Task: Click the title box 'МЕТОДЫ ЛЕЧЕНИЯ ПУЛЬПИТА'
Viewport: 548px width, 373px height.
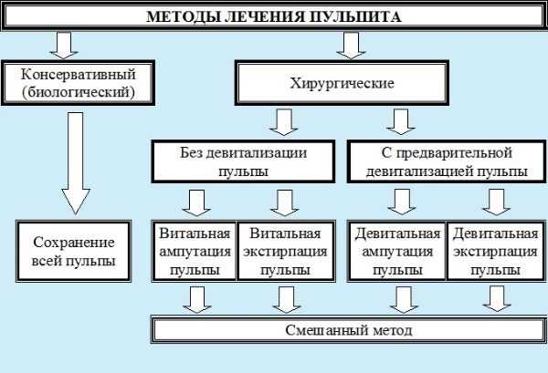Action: click(274, 16)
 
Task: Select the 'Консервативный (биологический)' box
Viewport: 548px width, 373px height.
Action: click(78, 83)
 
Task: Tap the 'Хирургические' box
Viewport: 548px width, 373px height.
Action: click(342, 83)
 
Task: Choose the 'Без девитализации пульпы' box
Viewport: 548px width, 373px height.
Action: click(243, 161)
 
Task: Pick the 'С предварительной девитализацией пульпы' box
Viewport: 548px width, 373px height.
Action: click(447, 161)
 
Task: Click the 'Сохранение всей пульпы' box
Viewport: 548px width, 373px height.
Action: click(73, 251)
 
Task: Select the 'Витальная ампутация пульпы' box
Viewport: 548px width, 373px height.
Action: click(195, 251)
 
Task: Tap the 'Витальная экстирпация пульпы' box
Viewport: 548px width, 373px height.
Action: click(286, 251)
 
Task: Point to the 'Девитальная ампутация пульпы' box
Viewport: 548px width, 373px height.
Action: click(397, 251)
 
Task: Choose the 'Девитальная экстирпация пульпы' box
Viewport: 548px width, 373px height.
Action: click(496, 251)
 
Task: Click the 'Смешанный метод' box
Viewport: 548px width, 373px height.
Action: click(349, 330)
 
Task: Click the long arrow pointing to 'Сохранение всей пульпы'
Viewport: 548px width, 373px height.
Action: click(76, 163)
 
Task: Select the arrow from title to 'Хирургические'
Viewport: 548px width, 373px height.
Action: click(352, 46)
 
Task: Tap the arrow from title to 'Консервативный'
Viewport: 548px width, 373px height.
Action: click(64, 46)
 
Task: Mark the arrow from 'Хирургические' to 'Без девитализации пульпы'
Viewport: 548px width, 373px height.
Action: click(284, 122)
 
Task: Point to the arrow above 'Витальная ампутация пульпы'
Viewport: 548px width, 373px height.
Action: click(196, 203)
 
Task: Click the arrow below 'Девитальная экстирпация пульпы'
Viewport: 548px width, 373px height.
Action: click(497, 299)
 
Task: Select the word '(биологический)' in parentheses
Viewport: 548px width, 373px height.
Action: click(79, 92)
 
